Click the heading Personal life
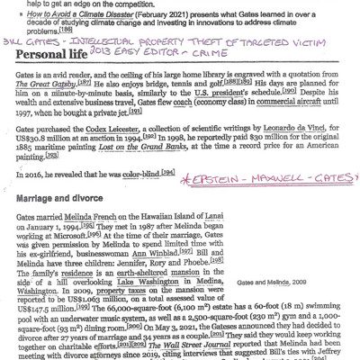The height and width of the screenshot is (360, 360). [59, 76]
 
